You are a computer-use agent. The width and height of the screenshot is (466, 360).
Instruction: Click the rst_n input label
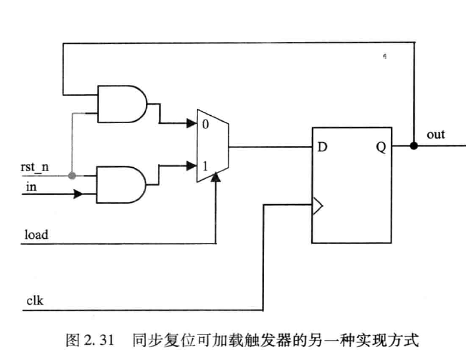pyautogui.click(x=34, y=167)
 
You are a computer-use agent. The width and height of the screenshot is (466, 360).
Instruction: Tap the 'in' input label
pyautogui.click(x=31, y=187)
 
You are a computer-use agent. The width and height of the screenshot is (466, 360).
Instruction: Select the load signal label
pyautogui.click(x=36, y=234)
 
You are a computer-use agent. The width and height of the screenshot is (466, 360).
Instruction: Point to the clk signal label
pyautogui.click(x=35, y=300)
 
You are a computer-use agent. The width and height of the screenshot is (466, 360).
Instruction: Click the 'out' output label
pyautogui.click(x=436, y=135)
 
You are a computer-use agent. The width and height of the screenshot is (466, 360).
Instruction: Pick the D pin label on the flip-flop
pyautogui.click(x=323, y=147)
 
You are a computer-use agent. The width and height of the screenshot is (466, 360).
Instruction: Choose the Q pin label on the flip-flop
pyautogui.click(x=381, y=147)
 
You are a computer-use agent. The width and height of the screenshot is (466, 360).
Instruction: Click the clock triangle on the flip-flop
pyautogui.click(x=317, y=205)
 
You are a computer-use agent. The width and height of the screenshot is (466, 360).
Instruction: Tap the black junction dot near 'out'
pyautogui.click(x=414, y=145)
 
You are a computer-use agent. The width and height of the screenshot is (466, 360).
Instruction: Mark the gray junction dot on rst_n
pyautogui.click(x=72, y=175)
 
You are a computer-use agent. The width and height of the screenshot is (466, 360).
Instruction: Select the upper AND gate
pyautogui.click(x=122, y=104)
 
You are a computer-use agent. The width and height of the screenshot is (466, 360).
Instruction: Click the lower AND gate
pyautogui.click(x=121, y=185)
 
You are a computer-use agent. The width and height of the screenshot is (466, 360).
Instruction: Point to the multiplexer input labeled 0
pyautogui.click(x=205, y=124)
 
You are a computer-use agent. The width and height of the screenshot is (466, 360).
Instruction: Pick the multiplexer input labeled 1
pyautogui.click(x=205, y=166)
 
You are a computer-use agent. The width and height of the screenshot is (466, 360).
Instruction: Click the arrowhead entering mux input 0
pyautogui.click(x=192, y=123)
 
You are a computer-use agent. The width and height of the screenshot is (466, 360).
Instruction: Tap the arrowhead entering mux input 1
pyautogui.click(x=192, y=166)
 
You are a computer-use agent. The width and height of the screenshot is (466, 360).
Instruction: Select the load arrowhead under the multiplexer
pyautogui.click(x=216, y=177)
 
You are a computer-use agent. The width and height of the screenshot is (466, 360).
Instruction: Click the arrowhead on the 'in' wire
pyautogui.click(x=78, y=194)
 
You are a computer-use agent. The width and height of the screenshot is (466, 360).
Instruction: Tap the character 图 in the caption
pyautogui.click(x=72, y=340)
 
